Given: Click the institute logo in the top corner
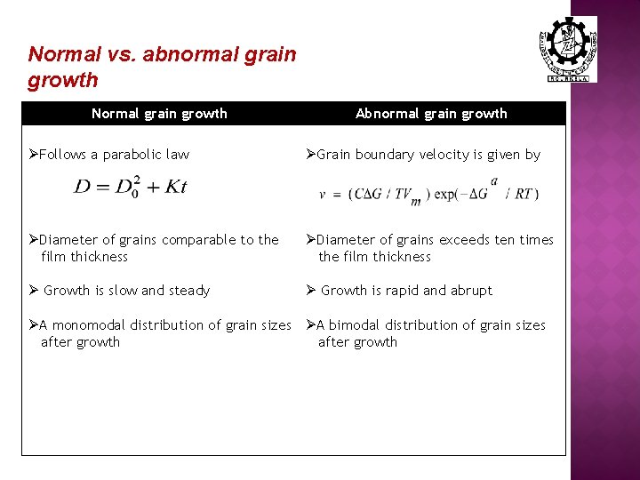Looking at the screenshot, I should click(568, 49).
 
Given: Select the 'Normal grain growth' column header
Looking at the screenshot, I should click(160, 114).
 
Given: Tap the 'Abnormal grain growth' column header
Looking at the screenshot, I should click(431, 114).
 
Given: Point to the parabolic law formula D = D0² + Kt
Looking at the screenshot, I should click(131, 187).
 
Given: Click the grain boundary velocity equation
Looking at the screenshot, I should click(428, 194).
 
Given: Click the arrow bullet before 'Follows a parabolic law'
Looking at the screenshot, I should click(33, 155).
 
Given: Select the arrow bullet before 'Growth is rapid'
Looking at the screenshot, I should click(310, 291).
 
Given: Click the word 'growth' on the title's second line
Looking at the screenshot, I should click(62, 80).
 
